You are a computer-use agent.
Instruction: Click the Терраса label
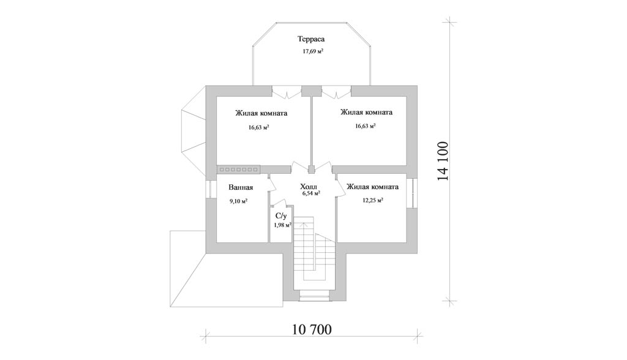[x=310, y=39]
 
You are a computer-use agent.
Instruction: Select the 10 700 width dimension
[x=312, y=329]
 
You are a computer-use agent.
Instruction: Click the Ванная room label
[x=241, y=187]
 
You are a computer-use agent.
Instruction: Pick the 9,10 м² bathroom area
[x=238, y=201]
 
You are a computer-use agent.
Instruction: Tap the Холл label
[x=309, y=186]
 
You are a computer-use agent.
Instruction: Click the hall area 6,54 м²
[x=311, y=193]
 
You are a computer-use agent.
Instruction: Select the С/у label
[x=281, y=216]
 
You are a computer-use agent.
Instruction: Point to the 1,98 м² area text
[x=282, y=225]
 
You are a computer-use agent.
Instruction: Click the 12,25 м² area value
[x=373, y=200]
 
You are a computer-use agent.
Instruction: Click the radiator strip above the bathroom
[x=239, y=170]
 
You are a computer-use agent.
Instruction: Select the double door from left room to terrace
[x=287, y=93]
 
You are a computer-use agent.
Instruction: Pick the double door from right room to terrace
[x=336, y=93]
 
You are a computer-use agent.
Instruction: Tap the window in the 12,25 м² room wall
[x=412, y=193]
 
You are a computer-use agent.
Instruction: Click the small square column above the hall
[x=312, y=169]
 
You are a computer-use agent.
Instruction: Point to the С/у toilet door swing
[x=279, y=203]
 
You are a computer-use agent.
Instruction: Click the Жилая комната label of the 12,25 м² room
[x=373, y=187]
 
